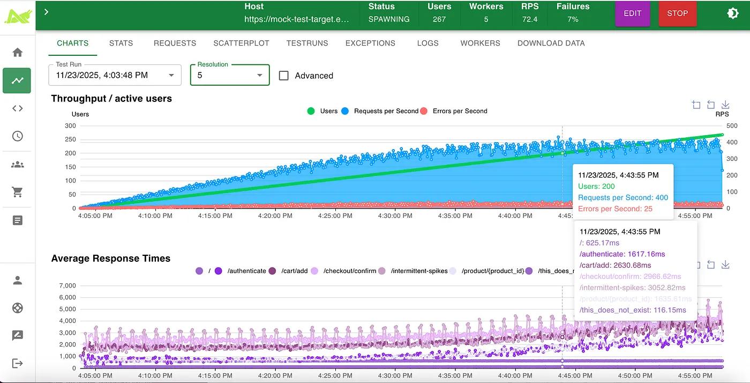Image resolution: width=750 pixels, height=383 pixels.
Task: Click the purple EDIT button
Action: [632, 13]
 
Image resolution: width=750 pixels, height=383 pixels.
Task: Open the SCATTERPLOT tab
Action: [241, 43]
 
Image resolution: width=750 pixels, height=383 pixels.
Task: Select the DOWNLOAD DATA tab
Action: [551, 43]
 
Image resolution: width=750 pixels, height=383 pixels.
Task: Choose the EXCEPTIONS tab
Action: [370, 43]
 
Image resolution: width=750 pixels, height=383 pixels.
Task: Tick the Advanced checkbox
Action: [284, 76]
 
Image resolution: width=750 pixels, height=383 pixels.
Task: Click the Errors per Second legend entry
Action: [460, 111]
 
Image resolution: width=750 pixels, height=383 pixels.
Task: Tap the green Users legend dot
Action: [311, 111]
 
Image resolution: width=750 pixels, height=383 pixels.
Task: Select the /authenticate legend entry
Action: [246, 271]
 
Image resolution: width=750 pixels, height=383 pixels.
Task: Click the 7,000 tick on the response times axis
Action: [67, 285]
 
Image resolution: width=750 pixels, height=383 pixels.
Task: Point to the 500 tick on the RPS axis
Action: [732, 126]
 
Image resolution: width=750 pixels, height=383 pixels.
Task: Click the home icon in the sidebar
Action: [18, 52]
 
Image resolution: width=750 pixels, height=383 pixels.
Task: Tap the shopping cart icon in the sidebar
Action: [18, 191]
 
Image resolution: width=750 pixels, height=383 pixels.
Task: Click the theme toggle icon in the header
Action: [733, 13]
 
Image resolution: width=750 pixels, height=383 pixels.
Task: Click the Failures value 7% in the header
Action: [573, 19]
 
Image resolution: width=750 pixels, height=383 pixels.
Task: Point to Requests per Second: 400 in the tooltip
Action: [623, 197]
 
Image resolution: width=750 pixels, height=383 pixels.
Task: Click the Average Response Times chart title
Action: [110, 259]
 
